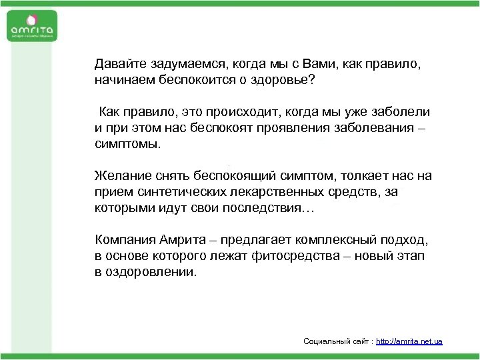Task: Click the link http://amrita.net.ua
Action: [409, 341]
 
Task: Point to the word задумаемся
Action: [189, 65]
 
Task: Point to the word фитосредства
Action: [294, 256]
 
